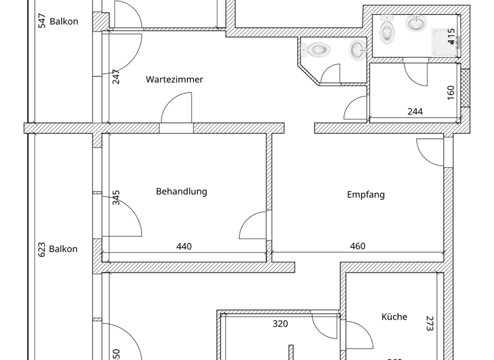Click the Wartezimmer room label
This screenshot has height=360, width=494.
tap(174, 80)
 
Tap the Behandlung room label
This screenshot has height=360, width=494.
tap(181, 192)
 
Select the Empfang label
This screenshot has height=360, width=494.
tap(365, 195)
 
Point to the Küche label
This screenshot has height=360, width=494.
tap(394, 317)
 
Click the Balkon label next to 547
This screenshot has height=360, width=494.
tap(64, 21)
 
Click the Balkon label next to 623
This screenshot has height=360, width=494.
tap(63, 249)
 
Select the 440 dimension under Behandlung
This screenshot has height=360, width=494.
tap(184, 246)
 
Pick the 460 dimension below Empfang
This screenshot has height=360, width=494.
tap(357, 246)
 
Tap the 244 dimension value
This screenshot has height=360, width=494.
tap(415, 112)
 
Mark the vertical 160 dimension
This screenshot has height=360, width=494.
tap(450, 92)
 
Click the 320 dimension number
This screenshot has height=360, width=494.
tap(280, 324)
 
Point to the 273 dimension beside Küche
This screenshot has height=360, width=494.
tap(429, 323)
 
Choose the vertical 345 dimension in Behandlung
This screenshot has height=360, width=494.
tap(116, 197)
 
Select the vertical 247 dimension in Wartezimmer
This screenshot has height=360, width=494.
tap(116, 76)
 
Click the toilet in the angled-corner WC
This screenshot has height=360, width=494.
tap(317, 49)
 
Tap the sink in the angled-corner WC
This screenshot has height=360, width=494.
tap(357, 50)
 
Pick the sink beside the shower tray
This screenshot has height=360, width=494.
tap(416, 24)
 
